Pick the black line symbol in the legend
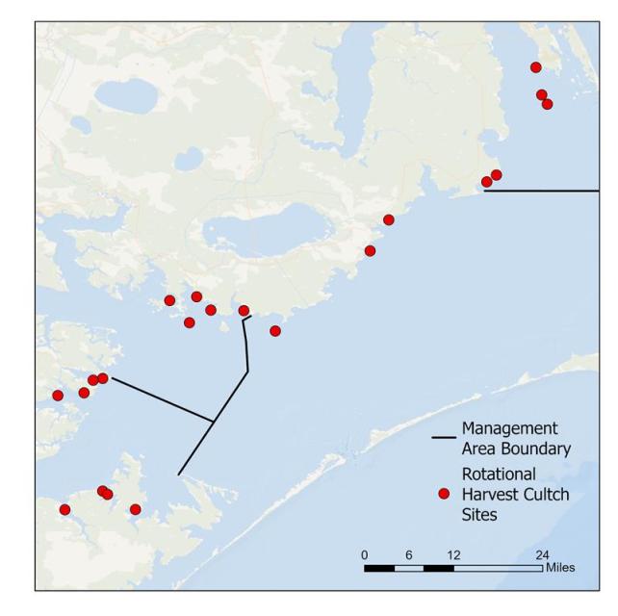[444, 438]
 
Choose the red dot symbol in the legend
[444, 494]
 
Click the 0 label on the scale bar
[365, 554]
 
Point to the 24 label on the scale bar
[542, 554]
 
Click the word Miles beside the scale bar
[559, 568]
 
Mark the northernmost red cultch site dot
[536, 66]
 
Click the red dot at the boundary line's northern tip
[244, 310]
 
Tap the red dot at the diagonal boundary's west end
[103, 378]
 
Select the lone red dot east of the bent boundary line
[275, 331]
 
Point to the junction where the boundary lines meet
[213, 421]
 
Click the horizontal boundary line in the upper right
[544, 191]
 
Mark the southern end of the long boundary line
[178, 475]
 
